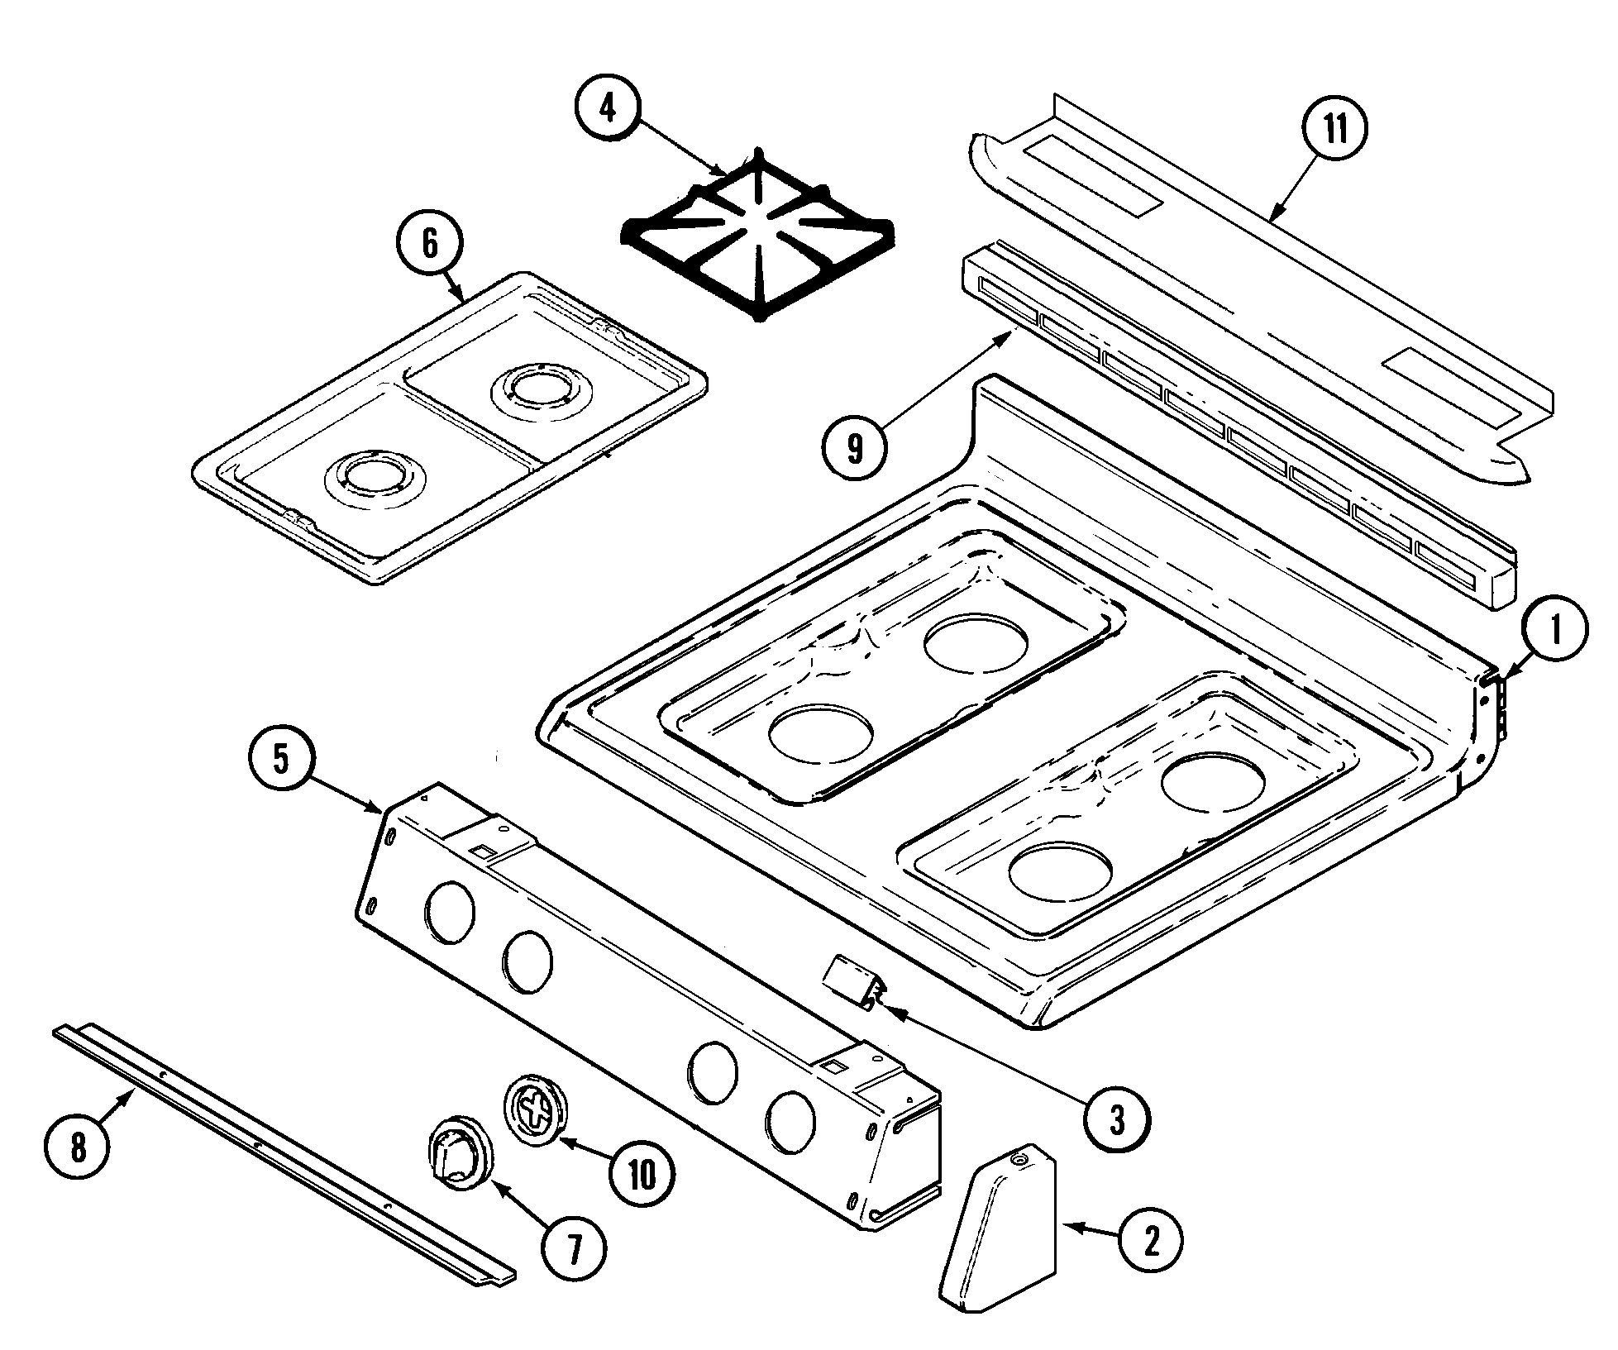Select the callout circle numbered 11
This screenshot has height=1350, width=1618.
(x=1334, y=128)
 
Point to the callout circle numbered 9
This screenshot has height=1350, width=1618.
(x=855, y=447)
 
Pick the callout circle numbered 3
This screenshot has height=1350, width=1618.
(x=1116, y=1120)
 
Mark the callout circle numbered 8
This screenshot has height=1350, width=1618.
(x=78, y=1148)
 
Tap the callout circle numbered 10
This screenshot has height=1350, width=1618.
(x=642, y=1172)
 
